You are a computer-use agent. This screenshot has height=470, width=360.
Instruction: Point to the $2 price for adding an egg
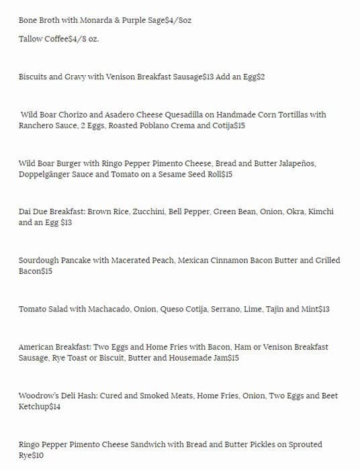pyautogui.click(x=261, y=77)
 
